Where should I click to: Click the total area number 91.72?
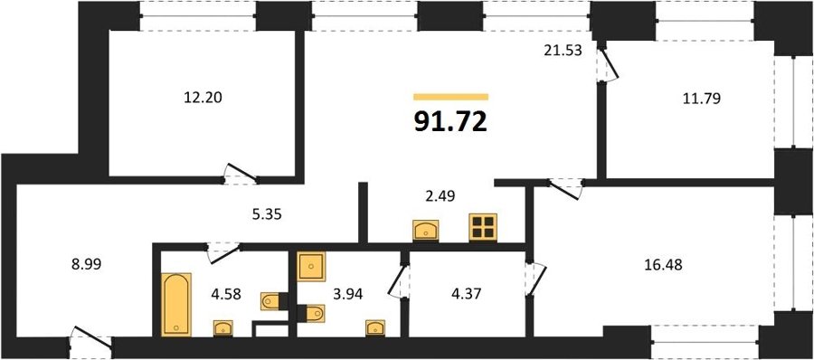pyautogui.click(x=450, y=122)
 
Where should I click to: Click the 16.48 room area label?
pyautogui.click(x=662, y=265)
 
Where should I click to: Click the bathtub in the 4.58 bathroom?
pyautogui.click(x=176, y=305)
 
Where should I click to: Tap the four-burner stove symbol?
pyautogui.click(x=483, y=227)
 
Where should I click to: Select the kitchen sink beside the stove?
pyautogui.click(x=426, y=230)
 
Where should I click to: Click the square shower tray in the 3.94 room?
pyautogui.click(x=311, y=267)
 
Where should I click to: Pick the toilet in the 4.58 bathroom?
pyautogui.click(x=274, y=301)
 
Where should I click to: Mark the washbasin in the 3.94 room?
pyautogui.click(x=375, y=327)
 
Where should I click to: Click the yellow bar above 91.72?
pyautogui.click(x=451, y=97)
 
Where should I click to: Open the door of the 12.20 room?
pyautogui.click(x=241, y=174)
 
